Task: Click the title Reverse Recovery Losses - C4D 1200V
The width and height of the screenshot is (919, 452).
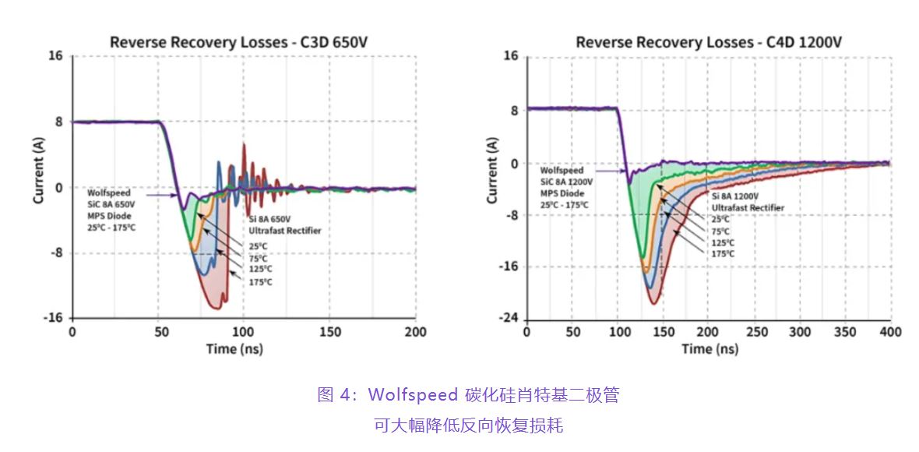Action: [708, 42]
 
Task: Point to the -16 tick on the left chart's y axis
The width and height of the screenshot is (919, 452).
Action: [55, 318]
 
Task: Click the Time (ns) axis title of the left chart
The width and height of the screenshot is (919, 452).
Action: [234, 348]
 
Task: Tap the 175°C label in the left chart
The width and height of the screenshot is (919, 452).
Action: [260, 282]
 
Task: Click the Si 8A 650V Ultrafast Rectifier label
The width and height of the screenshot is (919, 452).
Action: [285, 225]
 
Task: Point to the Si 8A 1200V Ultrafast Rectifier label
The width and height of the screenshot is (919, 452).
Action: [748, 203]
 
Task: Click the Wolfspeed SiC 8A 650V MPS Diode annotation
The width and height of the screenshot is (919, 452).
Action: [111, 210]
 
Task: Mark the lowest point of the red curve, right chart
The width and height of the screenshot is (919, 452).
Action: [654, 303]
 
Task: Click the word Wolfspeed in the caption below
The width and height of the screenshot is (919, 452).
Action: [412, 395]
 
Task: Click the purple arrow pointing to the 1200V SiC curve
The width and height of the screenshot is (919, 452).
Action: [611, 171]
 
